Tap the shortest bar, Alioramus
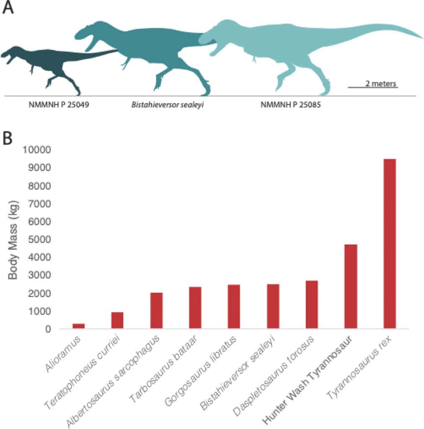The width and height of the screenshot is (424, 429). click(78, 326)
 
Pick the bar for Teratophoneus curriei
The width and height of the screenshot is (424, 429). click(117, 320)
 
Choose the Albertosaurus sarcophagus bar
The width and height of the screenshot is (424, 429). click(156, 311)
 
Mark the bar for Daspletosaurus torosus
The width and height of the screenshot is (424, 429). click(312, 305)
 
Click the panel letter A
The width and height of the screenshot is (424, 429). click(8, 8)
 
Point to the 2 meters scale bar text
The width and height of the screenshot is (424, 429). click(380, 83)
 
